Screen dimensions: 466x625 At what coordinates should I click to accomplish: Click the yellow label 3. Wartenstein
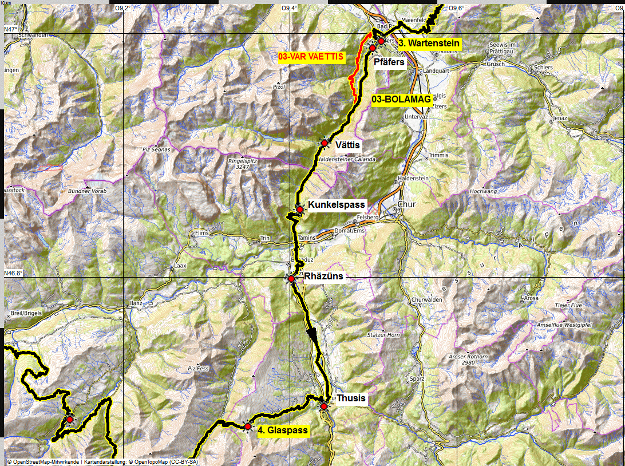pyautogui.click(x=429, y=44)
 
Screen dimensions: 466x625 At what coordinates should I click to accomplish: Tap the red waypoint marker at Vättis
pyautogui.click(x=324, y=143)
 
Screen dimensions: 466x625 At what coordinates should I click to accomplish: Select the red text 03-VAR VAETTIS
pyautogui.click(x=311, y=57)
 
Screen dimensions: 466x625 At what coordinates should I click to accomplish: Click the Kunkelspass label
pyautogui.click(x=336, y=204)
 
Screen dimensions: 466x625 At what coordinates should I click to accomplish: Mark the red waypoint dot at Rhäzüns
pyautogui.click(x=291, y=279)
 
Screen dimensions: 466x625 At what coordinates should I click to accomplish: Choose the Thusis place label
pyautogui.click(x=351, y=398)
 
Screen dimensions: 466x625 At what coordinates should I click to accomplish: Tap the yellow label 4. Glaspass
pyautogui.click(x=283, y=431)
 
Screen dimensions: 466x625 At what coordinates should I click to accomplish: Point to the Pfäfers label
pyautogui.click(x=389, y=62)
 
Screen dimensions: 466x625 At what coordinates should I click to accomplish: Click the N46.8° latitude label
pyautogui.click(x=13, y=273)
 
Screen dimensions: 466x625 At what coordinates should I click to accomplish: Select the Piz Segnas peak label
pyautogui.click(x=153, y=149)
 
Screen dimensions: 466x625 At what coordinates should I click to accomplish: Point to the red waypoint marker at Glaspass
pyautogui.click(x=247, y=426)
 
